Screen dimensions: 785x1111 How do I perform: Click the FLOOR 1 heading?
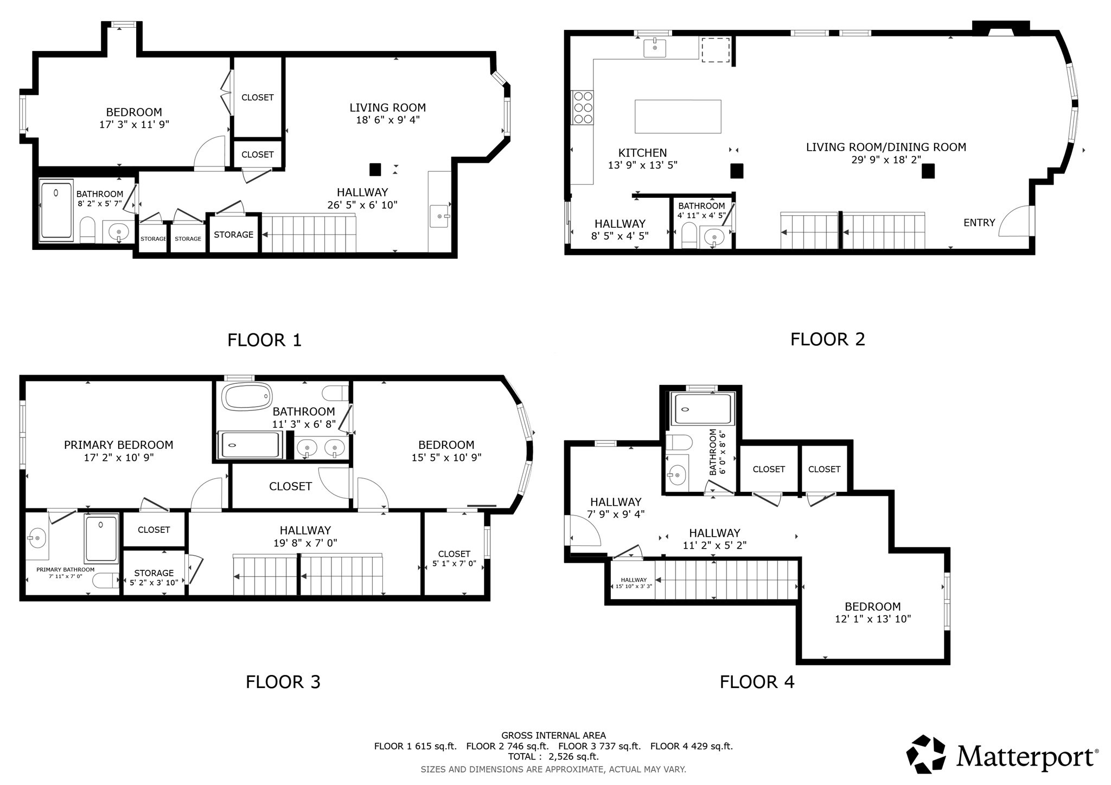(x=264, y=340)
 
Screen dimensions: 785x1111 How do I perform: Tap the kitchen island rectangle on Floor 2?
(x=678, y=116)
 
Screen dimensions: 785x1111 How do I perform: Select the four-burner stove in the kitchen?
(x=583, y=107)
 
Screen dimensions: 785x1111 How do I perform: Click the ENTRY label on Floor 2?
(x=979, y=222)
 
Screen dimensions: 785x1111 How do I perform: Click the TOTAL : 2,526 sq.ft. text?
(x=553, y=756)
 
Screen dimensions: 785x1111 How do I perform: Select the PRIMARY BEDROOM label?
(x=118, y=445)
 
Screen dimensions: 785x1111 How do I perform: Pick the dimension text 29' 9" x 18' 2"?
(x=886, y=159)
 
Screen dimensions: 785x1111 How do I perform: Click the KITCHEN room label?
(x=642, y=153)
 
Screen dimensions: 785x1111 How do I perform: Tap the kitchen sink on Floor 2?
(x=655, y=48)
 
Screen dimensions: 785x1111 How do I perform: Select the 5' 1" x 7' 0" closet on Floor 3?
(x=454, y=558)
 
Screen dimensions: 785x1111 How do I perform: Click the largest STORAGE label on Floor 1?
(x=233, y=234)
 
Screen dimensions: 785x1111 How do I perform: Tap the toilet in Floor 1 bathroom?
(x=87, y=230)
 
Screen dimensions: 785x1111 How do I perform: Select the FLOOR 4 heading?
(x=756, y=681)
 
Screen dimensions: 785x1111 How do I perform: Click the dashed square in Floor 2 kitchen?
(x=715, y=49)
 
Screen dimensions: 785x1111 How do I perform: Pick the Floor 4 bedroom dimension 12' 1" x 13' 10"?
(x=872, y=619)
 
